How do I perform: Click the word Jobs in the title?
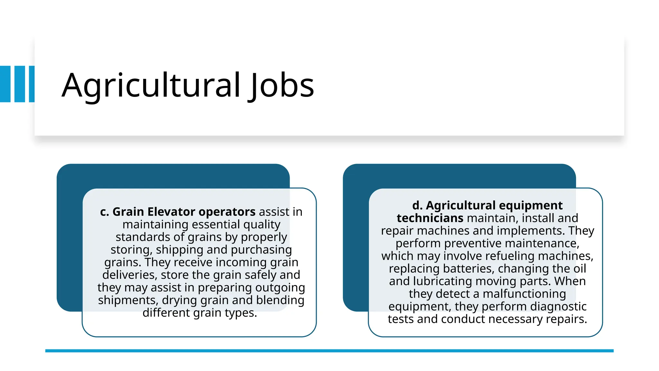(x=281, y=85)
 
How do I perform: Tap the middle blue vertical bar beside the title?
(x=20, y=84)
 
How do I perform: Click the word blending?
(x=280, y=300)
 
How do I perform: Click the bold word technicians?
(x=430, y=218)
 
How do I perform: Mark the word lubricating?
(x=442, y=281)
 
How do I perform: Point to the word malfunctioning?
(x=524, y=294)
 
